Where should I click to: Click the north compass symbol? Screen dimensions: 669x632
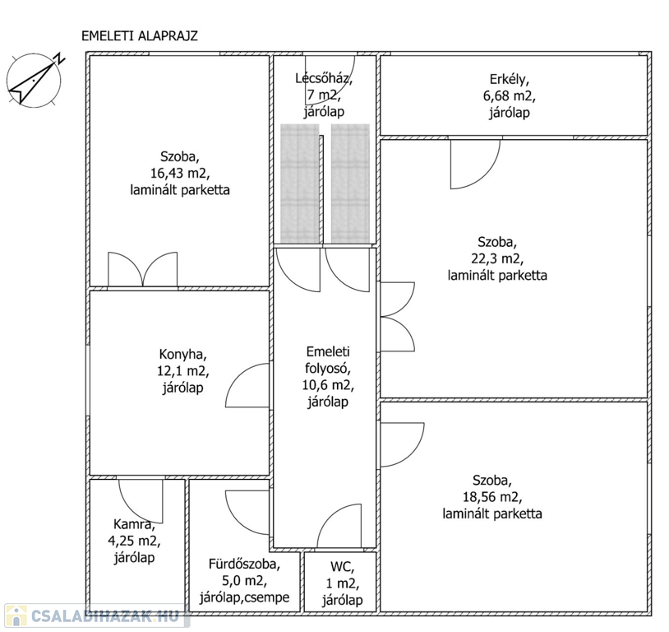(x=35, y=79)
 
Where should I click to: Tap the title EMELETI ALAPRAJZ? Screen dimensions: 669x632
(x=140, y=36)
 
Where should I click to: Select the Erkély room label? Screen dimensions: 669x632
(x=509, y=80)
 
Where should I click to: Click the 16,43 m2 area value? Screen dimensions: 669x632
(x=180, y=173)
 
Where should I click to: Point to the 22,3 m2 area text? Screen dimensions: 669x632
(x=497, y=258)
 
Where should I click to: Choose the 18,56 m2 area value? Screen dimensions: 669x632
(x=492, y=497)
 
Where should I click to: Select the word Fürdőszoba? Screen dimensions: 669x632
(x=244, y=564)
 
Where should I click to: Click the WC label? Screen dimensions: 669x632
(x=342, y=567)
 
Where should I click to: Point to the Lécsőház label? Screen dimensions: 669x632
(x=324, y=79)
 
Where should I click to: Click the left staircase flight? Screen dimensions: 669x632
(x=299, y=184)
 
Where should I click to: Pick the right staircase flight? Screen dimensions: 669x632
(x=350, y=184)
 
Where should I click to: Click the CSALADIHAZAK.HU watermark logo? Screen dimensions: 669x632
(x=97, y=616)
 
